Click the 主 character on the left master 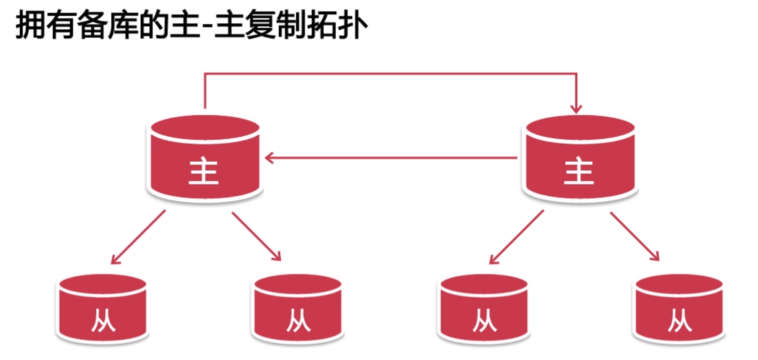[x=203, y=171]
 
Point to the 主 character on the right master [x=579, y=171]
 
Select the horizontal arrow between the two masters [x=393, y=158]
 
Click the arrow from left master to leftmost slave [x=138, y=237]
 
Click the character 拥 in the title [x=30, y=25]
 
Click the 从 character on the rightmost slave [x=680, y=320]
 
